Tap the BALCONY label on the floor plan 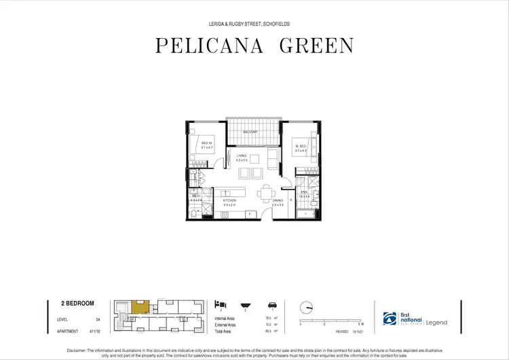[254, 132]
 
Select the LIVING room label [242, 156]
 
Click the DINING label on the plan [277, 201]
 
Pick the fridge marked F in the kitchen [249, 214]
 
